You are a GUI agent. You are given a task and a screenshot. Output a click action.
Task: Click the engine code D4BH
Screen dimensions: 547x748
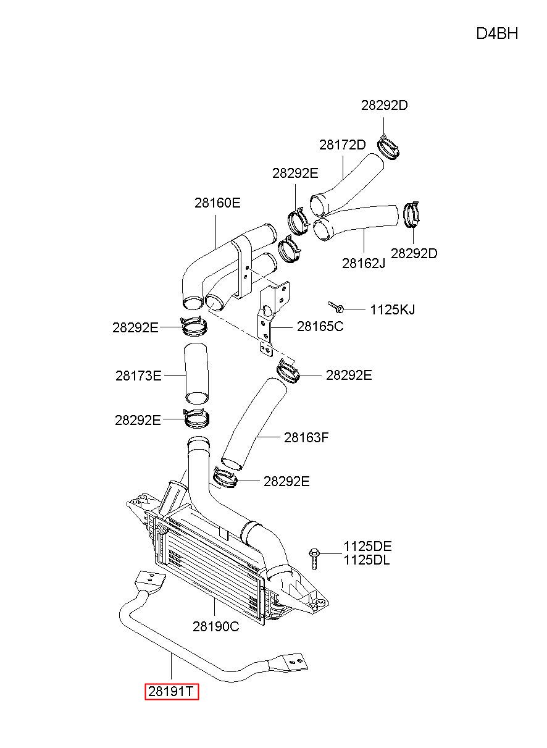pyautogui.click(x=496, y=34)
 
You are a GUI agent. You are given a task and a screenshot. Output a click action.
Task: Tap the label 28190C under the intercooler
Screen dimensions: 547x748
pyautogui.click(x=215, y=626)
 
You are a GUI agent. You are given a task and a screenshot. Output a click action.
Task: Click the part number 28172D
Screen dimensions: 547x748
pyautogui.click(x=342, y=145)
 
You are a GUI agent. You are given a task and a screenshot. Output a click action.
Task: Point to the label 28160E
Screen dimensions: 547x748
pyautogui.click(x=217, y=203)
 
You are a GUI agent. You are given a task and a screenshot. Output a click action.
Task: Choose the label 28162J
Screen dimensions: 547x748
pyautogui.click(x=364, y=264)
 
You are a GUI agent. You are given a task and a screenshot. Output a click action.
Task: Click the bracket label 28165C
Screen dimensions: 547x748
pyautogui.click(x=320, y=327)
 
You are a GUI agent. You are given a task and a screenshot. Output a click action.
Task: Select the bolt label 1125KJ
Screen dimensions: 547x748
pyautogui.click(x=392, y=309)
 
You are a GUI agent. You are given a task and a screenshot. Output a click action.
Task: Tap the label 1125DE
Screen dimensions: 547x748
pyautogui.click(x=367, y=546)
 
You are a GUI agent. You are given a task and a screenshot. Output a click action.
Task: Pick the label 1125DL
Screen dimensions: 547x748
pyautogui.click(x=367, y=560)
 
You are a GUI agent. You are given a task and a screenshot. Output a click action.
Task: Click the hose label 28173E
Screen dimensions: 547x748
pyautogui.click(x=138, y=376)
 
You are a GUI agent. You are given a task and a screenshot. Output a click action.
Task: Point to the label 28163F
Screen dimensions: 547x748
pyautogui.click(x=306, y=437)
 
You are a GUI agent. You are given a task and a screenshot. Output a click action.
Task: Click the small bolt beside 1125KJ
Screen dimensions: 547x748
pyautogui.click(x=336, y=307)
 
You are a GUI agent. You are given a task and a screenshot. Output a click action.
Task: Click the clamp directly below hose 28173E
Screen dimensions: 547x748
pyautogui.click(x=197, y=418)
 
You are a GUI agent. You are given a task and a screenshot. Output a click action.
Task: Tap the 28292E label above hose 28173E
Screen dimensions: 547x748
pyautogui.click(x=135, y=328)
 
